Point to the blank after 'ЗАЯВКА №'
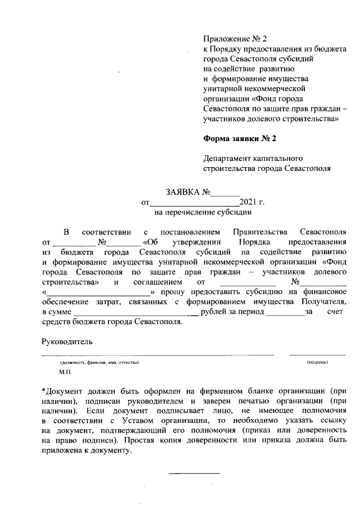224,193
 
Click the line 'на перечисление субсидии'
202,213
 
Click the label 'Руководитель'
67,341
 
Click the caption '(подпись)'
317,363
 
